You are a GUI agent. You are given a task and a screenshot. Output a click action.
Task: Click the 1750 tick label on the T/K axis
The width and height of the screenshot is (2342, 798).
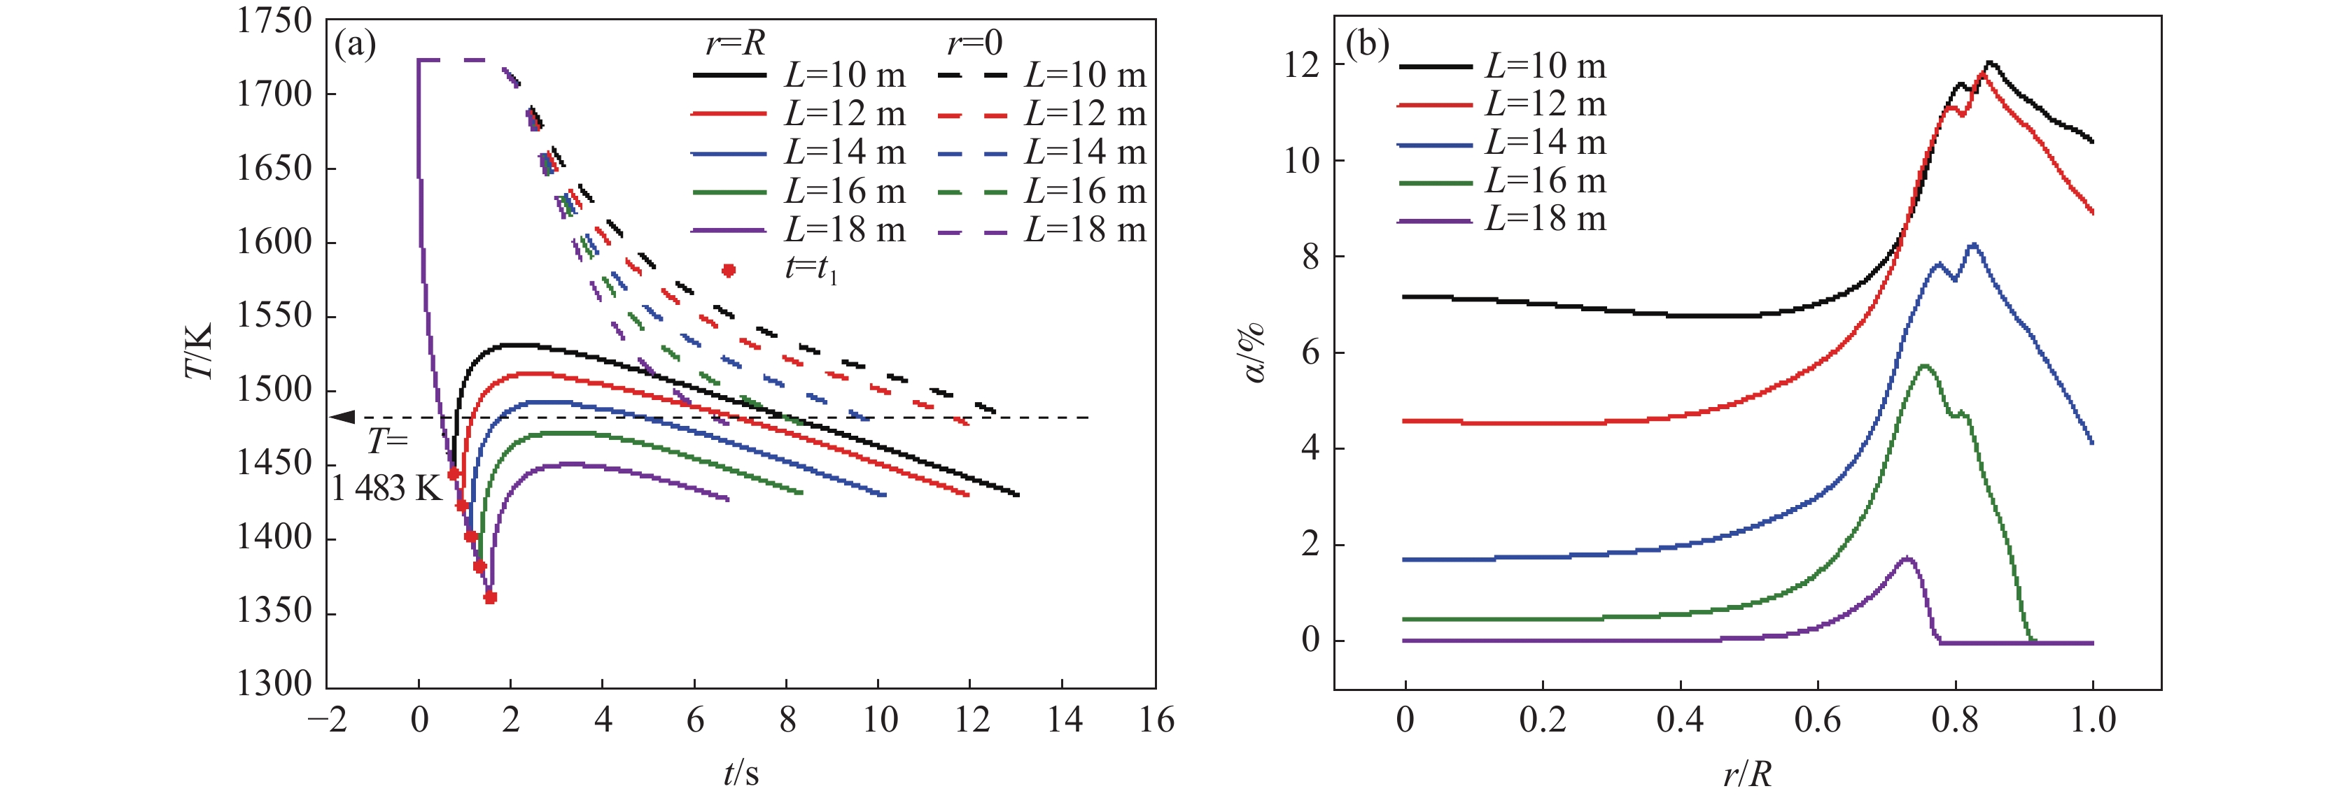274,20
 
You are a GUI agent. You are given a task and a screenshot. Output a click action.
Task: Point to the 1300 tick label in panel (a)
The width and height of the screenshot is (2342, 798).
274,683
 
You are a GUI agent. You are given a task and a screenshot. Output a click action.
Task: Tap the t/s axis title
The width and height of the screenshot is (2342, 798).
741,773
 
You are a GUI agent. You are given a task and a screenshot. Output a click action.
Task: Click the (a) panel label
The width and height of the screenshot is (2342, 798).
355,43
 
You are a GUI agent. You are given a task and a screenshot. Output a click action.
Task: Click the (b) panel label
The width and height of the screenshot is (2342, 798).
1366,43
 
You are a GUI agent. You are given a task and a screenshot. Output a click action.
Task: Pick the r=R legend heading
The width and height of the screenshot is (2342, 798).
735,43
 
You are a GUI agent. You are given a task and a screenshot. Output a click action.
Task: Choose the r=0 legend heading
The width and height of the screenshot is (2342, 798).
974,43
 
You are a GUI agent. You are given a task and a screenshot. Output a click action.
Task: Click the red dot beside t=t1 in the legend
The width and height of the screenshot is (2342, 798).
728,270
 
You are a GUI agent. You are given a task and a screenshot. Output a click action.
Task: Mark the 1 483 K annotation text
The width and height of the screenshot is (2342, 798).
386,489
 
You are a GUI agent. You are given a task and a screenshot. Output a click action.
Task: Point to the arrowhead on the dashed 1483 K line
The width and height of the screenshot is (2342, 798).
343,417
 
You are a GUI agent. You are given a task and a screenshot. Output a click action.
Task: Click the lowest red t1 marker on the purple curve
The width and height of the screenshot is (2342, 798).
491,598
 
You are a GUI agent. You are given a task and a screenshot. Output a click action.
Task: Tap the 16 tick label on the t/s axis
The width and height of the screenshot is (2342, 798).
1156,720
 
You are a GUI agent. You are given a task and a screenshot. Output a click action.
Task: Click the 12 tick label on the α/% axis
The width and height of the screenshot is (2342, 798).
1301,66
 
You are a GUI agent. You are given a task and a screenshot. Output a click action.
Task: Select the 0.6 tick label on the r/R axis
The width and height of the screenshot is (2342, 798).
1818,720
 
